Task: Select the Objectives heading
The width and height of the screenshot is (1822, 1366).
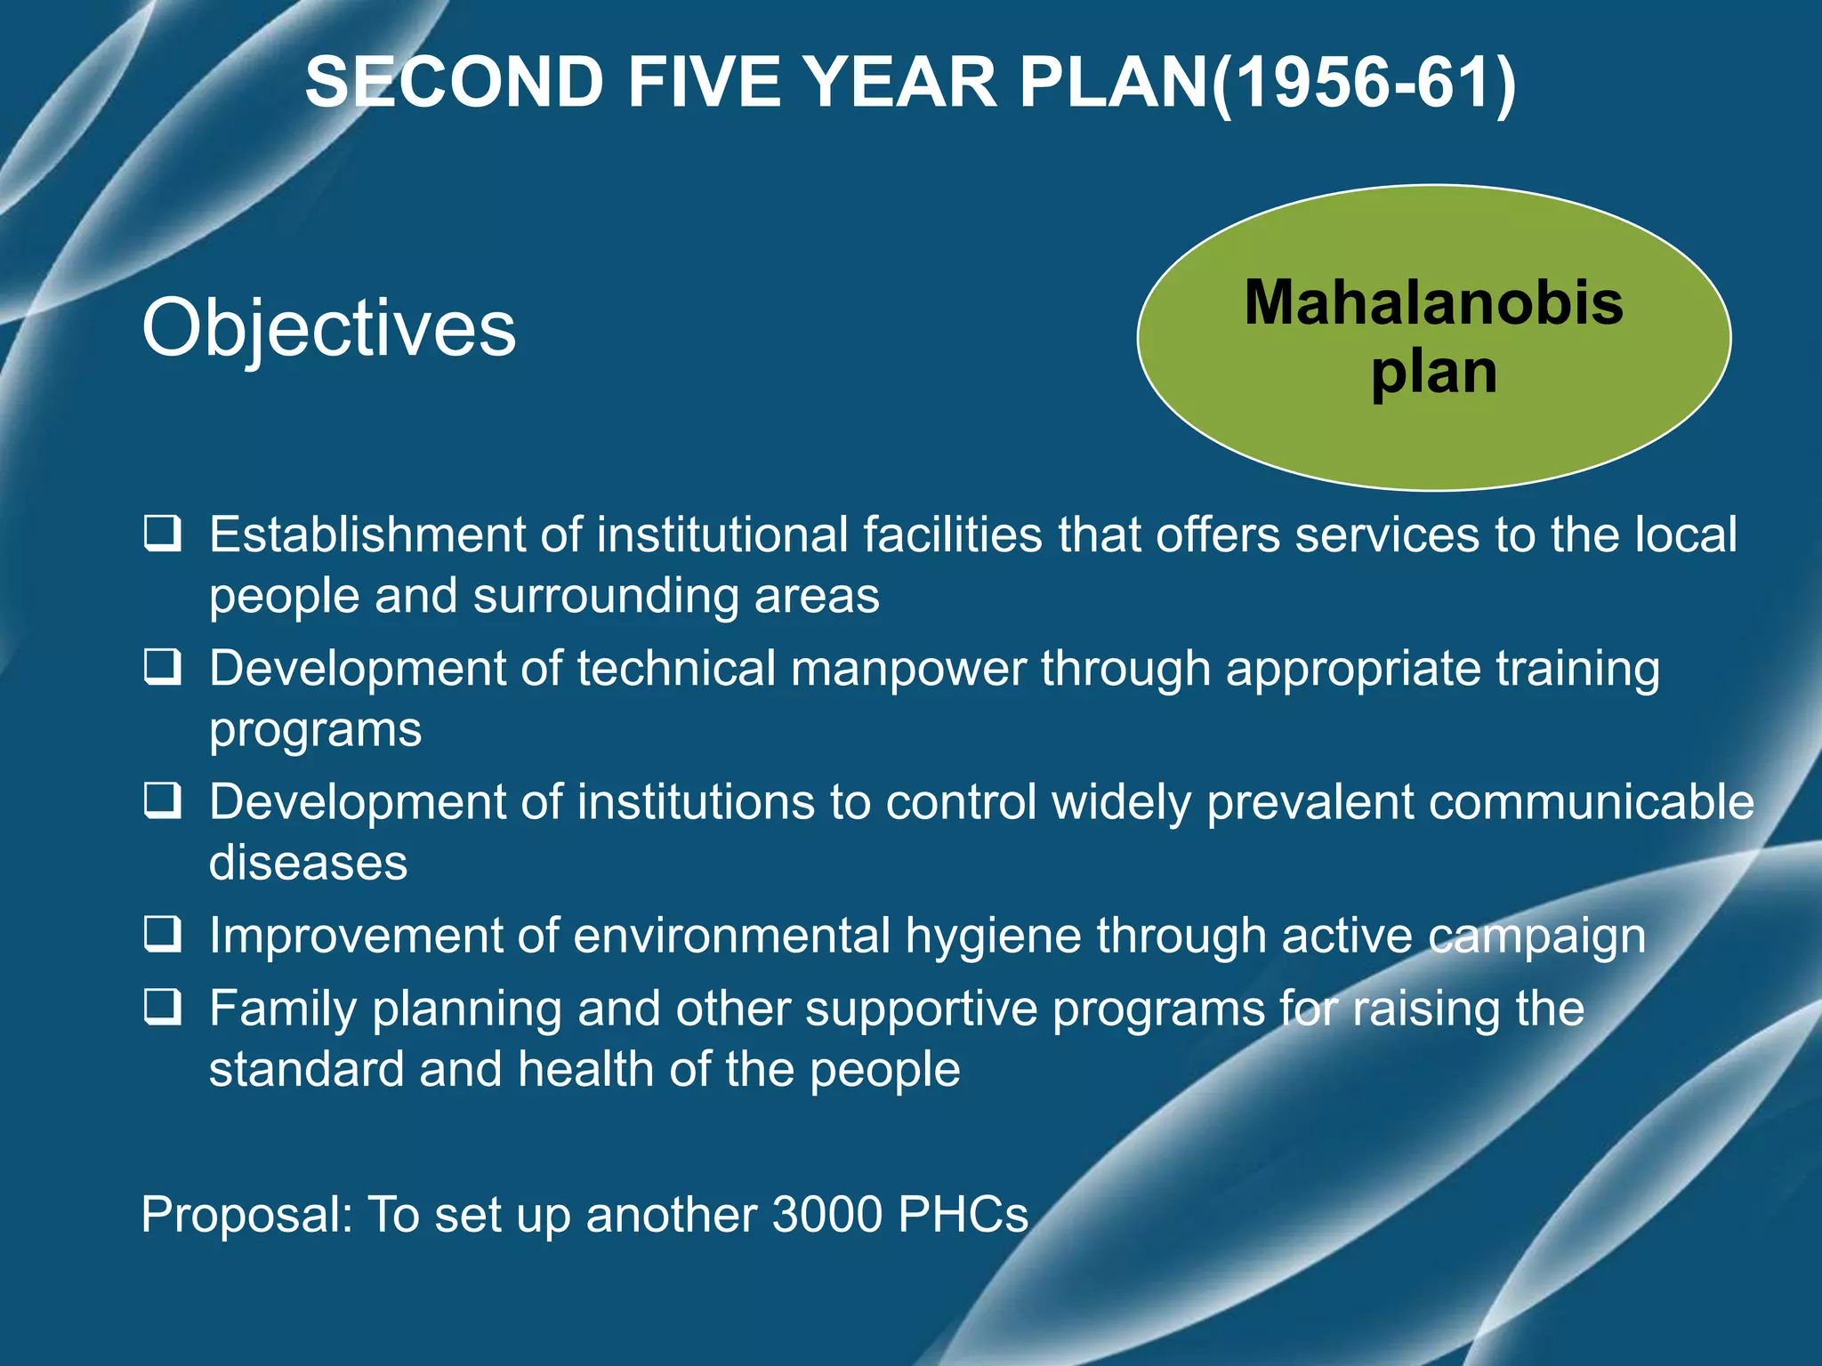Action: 328,328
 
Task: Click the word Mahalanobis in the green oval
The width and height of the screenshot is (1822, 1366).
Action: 1433,303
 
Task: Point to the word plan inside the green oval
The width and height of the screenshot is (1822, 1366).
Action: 1433,372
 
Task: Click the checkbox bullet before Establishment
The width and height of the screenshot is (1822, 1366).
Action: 163,534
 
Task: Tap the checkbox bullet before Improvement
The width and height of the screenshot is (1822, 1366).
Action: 163,936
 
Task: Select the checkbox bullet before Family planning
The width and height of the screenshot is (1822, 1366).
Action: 163,1008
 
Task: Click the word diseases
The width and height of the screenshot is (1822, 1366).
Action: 308,863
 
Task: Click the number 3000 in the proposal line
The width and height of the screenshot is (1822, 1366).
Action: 826,1214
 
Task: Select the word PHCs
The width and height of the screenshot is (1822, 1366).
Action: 963,1214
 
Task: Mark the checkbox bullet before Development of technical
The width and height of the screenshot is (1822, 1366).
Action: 163,668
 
